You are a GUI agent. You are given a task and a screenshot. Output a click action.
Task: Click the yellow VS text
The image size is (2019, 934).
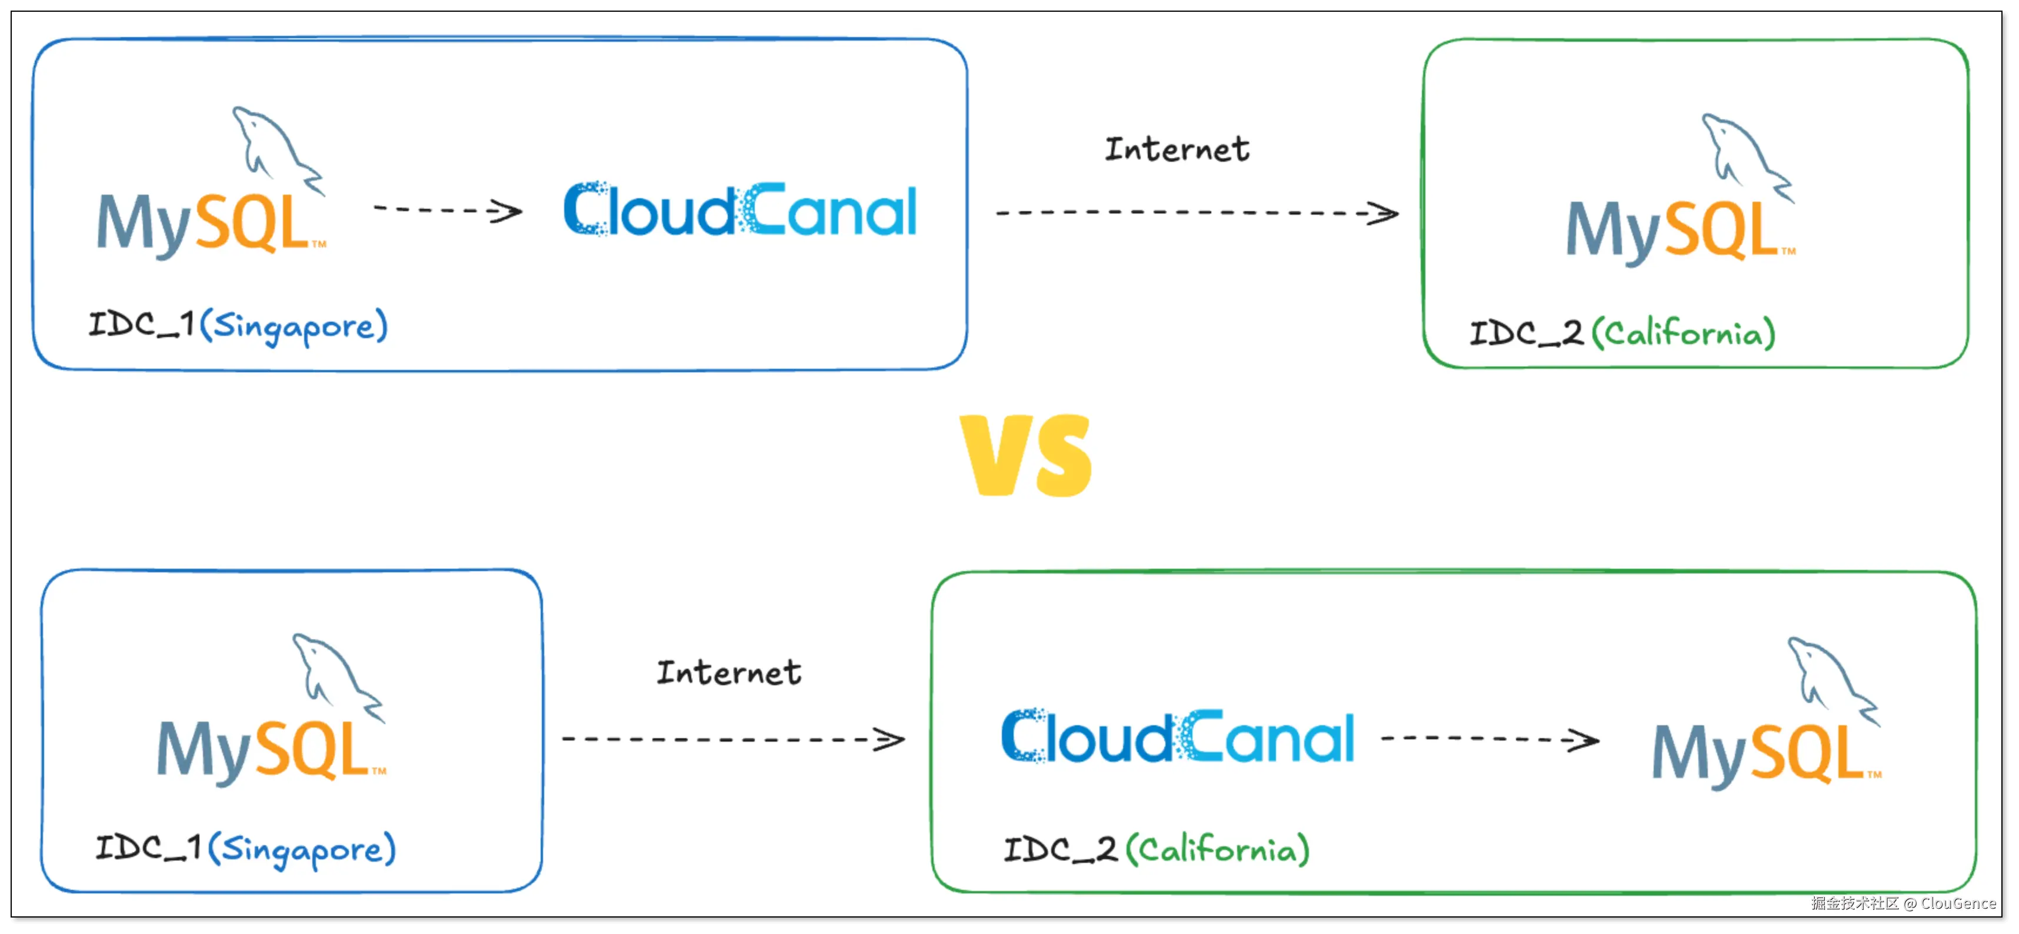click(1025, 455)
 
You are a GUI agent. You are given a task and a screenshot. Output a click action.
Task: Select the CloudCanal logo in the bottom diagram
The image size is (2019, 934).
click(1177, 736)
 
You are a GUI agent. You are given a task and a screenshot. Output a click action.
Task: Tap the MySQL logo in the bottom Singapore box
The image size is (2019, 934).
click(271, 710)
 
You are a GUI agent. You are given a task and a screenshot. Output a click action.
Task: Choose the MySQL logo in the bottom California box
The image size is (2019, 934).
click(1767, 714)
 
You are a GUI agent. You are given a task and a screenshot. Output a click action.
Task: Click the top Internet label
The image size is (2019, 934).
click(1177, 149)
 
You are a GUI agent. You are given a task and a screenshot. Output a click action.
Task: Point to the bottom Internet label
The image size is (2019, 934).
click(728, 672)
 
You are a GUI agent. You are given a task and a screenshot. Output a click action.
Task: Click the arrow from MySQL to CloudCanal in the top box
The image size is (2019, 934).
click(448, 210)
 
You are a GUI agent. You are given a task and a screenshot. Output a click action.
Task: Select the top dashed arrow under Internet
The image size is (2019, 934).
click(1197, 213)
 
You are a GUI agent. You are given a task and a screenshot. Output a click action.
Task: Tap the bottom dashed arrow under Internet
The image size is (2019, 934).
click(733, 739)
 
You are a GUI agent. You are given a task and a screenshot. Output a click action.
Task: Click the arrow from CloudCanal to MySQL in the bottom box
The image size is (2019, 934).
click(1489, 739)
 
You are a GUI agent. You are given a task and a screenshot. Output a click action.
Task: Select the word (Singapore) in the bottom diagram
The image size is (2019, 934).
click(302, 849)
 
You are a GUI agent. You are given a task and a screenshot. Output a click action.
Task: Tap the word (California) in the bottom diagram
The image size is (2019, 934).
click(1217, 849)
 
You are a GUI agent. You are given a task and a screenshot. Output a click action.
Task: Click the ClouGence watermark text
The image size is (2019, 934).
click(1958, 903)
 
